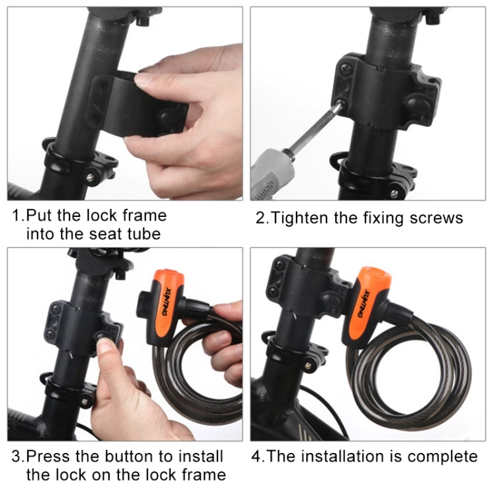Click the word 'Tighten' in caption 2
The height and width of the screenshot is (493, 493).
coord(297,218)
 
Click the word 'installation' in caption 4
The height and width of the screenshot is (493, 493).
coord(346,456)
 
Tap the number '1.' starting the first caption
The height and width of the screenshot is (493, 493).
coord(20,216)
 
